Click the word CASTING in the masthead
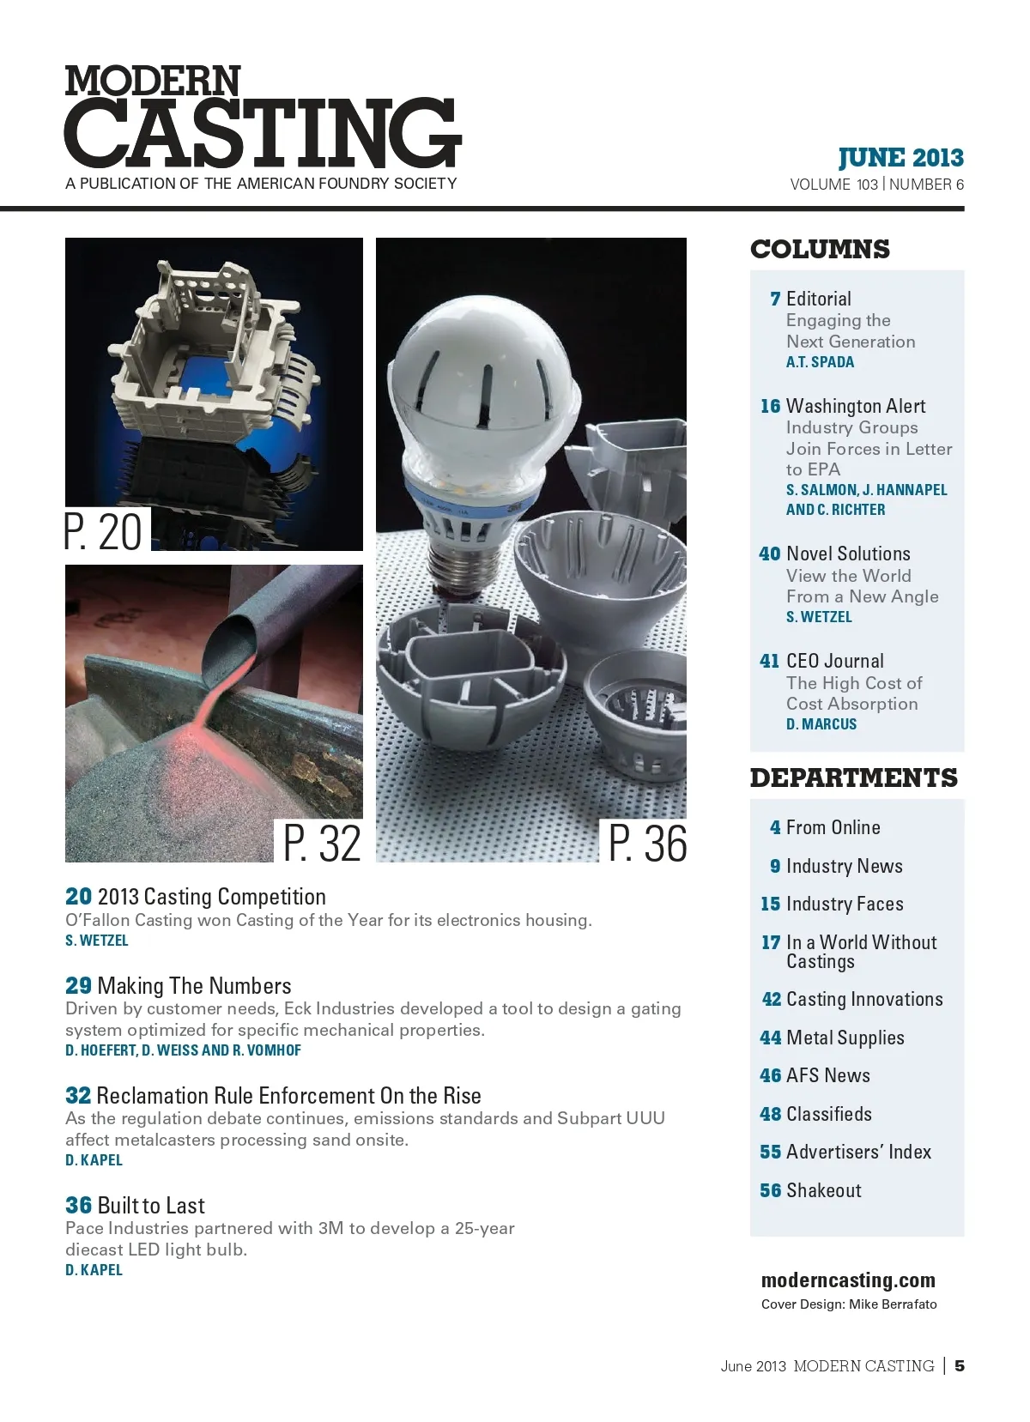click(x=262, y=133)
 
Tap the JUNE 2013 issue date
click(x=900, y=158)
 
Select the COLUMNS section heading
click(x=820, y=250)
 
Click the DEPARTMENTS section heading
click(x=853, y=778)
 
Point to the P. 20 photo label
click(x=104, y=531)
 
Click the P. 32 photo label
click(x=322, y=843)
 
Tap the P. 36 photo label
click(x=647, y=843)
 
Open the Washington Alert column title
click(x=855, y=406)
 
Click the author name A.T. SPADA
click(x=820, y=362)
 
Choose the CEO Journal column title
click(x=834, y=661)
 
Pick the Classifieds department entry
click(x=828, y=1114)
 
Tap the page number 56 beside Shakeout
click(x=770, y=1190)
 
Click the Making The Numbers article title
click(x=194, y=986)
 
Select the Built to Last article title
click(x=151, y=1206)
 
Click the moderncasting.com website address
click(x=848, y=1280)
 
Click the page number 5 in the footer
click(x=960, y=1365)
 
